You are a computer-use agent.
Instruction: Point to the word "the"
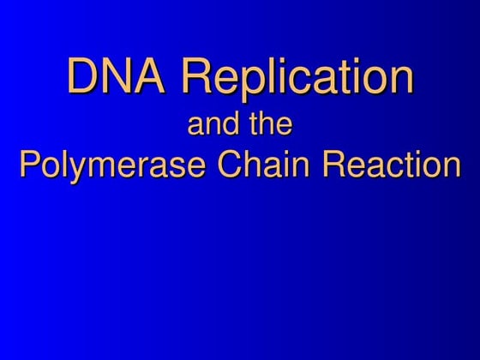point(271,125)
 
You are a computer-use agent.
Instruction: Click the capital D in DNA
point(83,76)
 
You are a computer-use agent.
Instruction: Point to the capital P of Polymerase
point(29,163)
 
